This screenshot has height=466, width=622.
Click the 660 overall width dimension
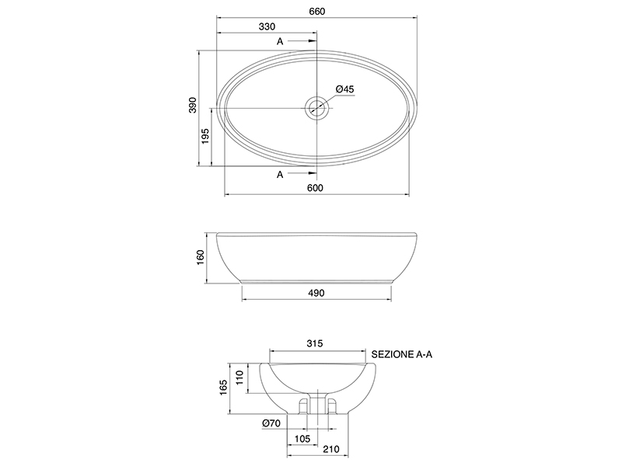coord(317,12)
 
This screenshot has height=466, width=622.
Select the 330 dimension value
coord(267,26)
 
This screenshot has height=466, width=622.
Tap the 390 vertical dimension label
coord(192,105)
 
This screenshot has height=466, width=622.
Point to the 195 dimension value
coord(205,136)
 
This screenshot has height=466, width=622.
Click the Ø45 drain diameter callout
coord(344,89)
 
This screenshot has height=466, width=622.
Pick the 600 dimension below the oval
coord(315,187)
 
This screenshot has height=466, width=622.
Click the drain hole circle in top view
coord(316,108)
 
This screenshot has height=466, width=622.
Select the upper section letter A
coord(280,41)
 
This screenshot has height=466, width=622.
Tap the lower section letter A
coord(280,174)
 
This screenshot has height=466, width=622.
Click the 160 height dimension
coord(200,258)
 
